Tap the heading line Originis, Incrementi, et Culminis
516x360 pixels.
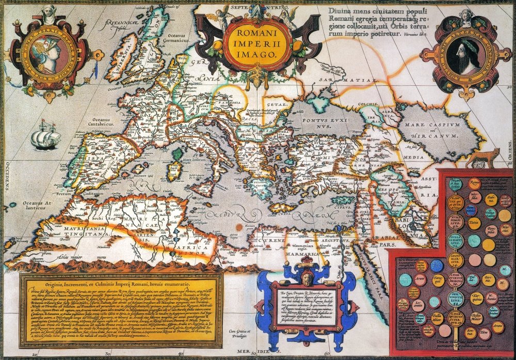(121, 283)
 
